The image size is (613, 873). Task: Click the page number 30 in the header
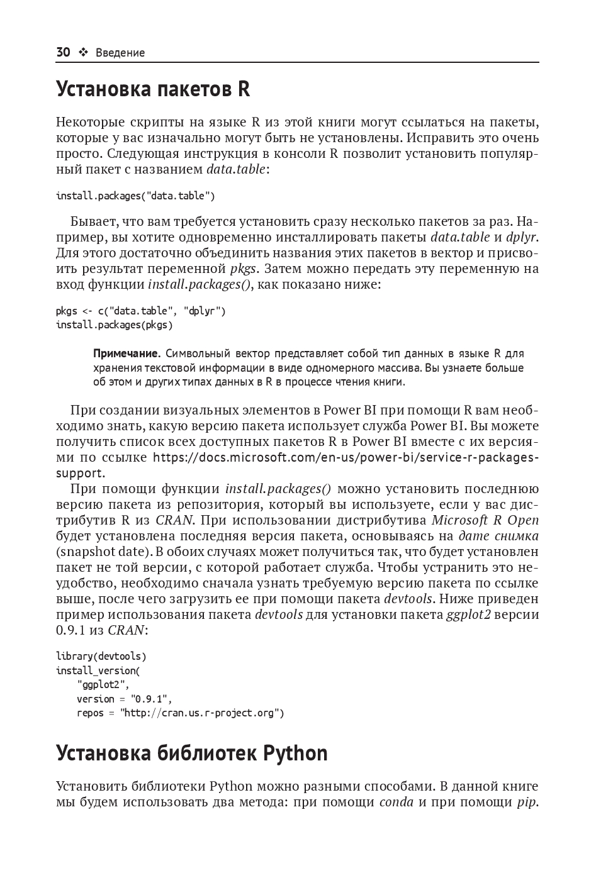pyautogui.click(x=63, y=52)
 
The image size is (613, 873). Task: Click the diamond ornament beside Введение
pyautogui.click(x=83, y=53)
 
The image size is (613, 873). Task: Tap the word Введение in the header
pyautogui.click(x=120, y=53)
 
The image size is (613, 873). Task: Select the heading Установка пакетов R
pyautogui.click(x=153, y=89)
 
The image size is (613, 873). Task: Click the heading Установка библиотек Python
pyautogui.click(x=192, y=753)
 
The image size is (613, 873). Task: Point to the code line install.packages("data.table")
pyautogui.click(x=135, y=196)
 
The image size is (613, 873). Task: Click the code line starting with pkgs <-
pyautogui.click(x=141, y=311)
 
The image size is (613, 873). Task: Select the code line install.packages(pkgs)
pyautogui.click(x=114, y=325)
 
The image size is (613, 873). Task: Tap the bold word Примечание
pyautogui.click(x=127, y=353)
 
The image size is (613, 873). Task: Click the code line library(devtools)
pyautogui.click(x=101, y=657)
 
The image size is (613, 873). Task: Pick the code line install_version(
pyautogui.click(x=98, y=670)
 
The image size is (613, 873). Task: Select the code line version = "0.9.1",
pyautogui.click(x=124, y=699)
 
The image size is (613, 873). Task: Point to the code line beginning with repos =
pyautogui.click(x=180, y=713)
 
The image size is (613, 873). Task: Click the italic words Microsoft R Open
pyautogui.click(x=485, y=520)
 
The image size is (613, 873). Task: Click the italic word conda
pyautogui.click(x=396, y=802)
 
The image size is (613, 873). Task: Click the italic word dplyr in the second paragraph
pyautogui.click(x=522, y=237)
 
